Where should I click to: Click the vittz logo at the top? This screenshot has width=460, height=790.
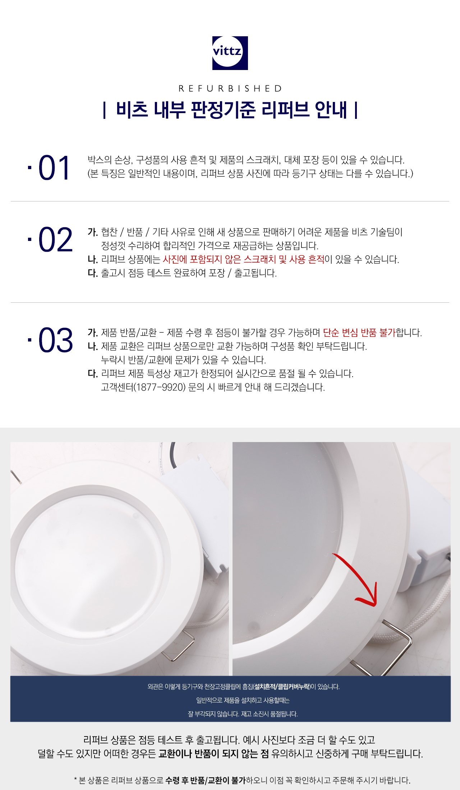[230, 53]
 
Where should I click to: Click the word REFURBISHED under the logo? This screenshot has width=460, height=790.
[230, 88]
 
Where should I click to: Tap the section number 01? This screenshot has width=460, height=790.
[54, 168]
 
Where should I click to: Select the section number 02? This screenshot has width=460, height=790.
[55, 240]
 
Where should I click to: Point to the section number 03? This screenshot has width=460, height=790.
[55, 340]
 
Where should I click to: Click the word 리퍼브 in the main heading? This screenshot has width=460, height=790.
[285, 110]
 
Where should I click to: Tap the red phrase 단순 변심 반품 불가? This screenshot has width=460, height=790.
[359, 333]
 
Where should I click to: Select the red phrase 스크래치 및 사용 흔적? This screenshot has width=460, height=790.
[284, 259]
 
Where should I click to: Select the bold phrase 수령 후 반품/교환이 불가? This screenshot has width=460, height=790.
[205, 780]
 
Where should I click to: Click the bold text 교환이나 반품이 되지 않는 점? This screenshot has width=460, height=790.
[213, 753]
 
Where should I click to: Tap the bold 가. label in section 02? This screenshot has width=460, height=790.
[93, 232]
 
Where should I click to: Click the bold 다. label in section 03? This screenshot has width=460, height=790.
[93, 373]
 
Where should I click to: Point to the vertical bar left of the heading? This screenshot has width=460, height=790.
[104, 110]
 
